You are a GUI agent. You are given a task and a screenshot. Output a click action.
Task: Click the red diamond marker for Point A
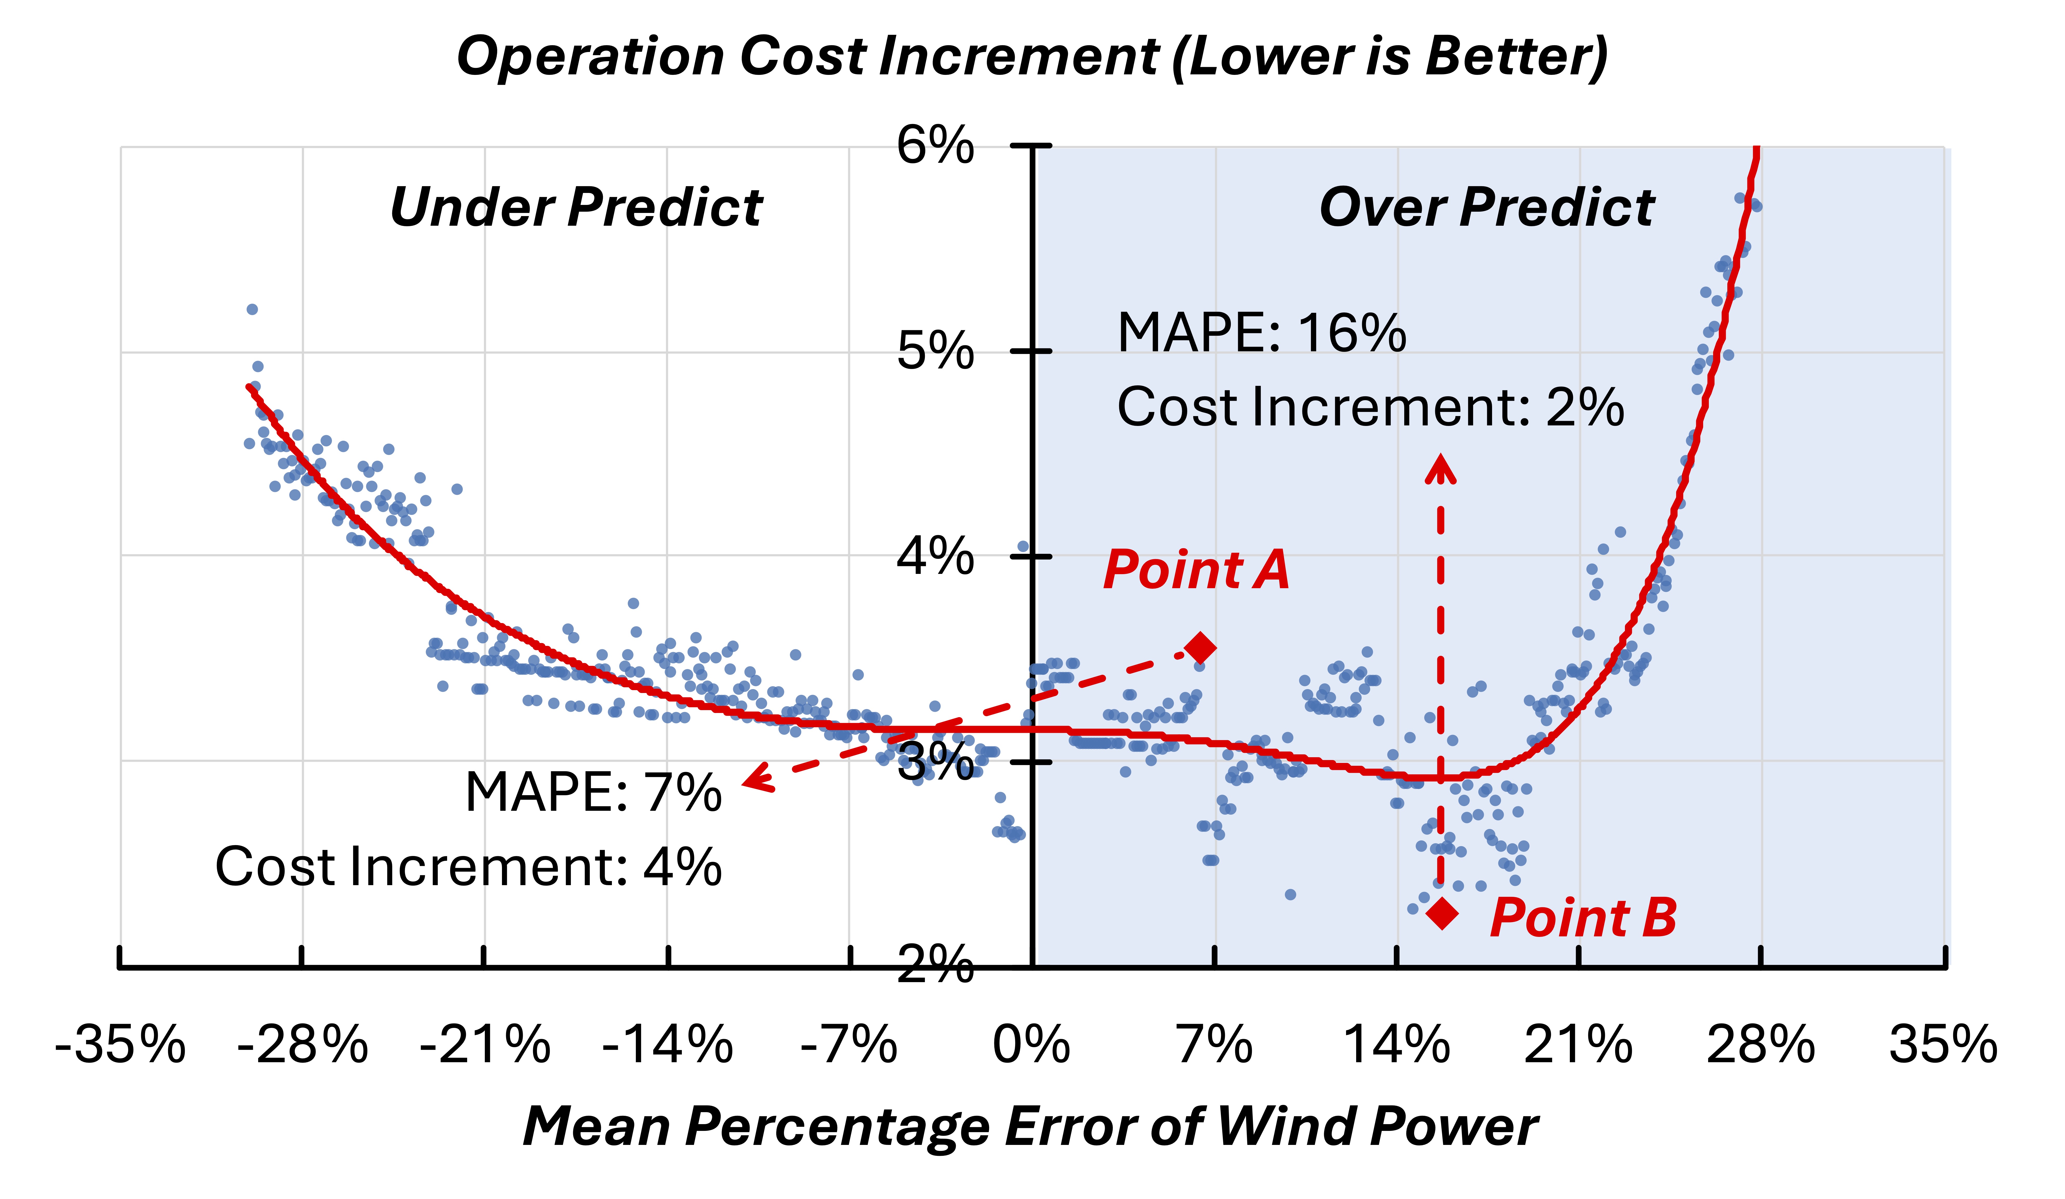[1201, 647]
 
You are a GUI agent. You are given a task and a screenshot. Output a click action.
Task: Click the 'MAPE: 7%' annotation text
[593, 793]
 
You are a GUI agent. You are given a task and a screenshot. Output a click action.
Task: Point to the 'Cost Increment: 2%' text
[1370, 407]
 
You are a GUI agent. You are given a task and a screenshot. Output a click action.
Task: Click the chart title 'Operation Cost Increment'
[1032, 57]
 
